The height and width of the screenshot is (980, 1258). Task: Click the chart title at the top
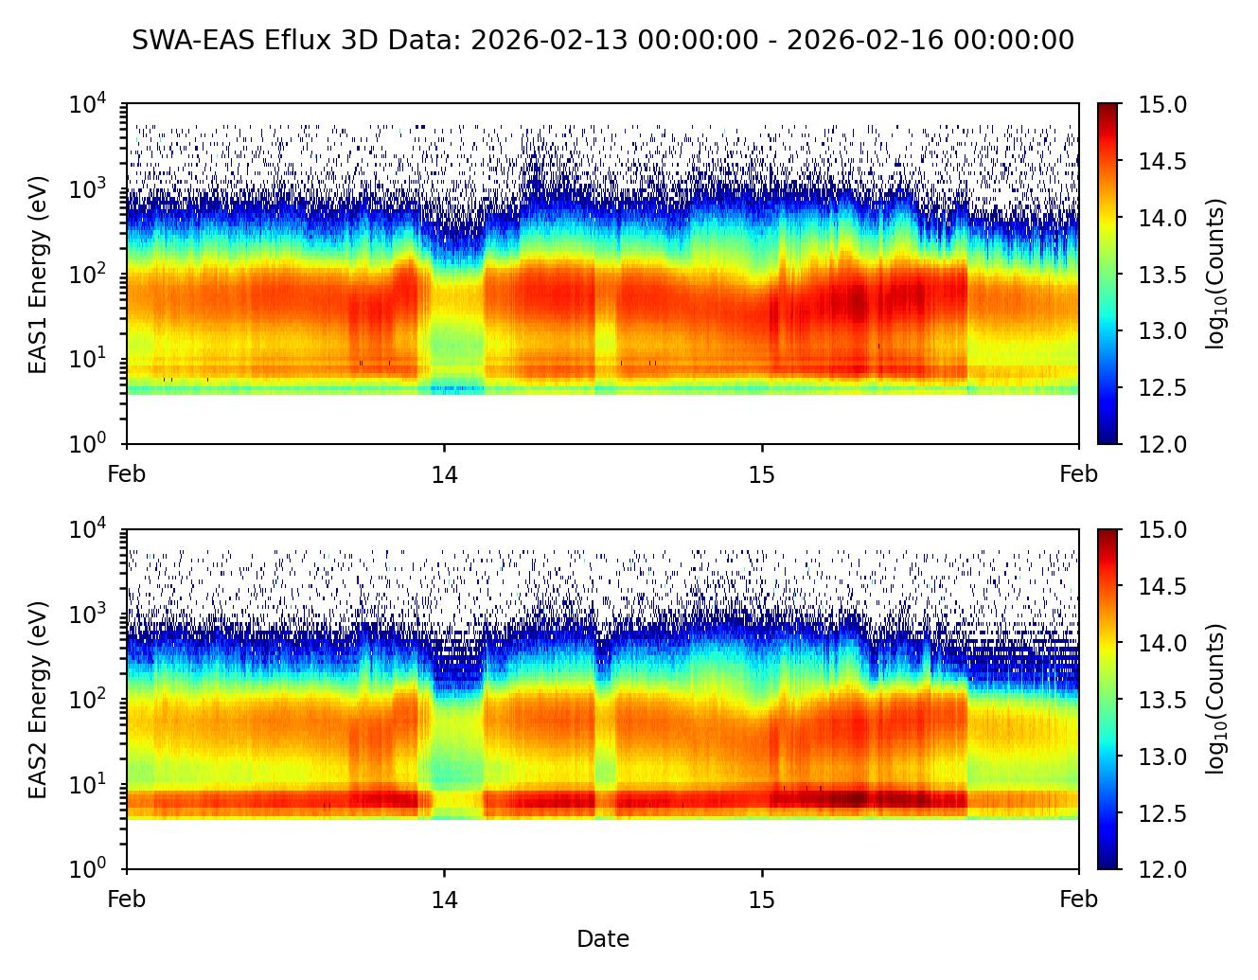pyautogui.click(x=603, y=41)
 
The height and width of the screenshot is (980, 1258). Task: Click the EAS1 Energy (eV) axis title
pyautogui.click(x=38, y=275)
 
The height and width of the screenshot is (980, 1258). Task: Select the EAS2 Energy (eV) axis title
pyautogui.click(x=38, y=700)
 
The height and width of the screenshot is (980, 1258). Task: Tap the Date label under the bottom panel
pyautogui.click(x=603, y=939)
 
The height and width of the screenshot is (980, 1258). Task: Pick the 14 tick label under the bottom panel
pyautogui.click(x=444, y=899)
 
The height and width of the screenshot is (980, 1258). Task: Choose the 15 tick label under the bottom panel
pyautogui.click(x=761, y=899)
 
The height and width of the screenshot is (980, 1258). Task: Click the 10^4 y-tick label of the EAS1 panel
pyautogui.click(x=88, y=103)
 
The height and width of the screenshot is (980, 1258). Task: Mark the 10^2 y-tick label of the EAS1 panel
pyautogui.click(x=88, y=274)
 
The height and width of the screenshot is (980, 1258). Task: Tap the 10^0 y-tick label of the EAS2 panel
pyautogui.click(x=88, y=868)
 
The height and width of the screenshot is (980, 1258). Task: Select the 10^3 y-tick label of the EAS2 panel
pyautogui.click(x=88, y=614)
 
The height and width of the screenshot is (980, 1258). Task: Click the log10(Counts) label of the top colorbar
pyautogui.click(x=1215, y=274)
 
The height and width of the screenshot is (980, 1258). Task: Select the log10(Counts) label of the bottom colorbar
pyautogui.click(x=1215, y=699)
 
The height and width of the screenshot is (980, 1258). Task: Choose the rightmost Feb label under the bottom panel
pyautogui.click(x=1078, y=899)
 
